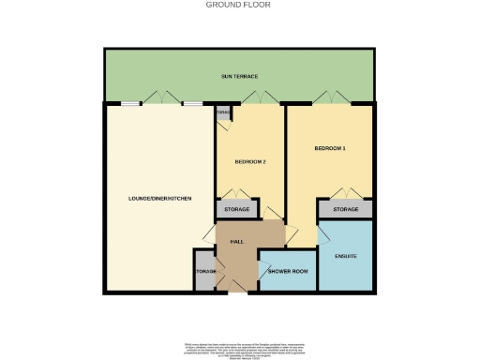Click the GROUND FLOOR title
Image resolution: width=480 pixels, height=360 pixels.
coord(239,5)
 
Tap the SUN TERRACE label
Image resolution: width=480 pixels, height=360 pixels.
coord(239,76)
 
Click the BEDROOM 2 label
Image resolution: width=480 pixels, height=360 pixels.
coord(250,162)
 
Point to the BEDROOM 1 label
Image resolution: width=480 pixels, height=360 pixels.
coord(330,149)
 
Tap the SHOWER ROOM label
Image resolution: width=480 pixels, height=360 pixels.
coord(288,272)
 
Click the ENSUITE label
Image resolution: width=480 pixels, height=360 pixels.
coord(346,256)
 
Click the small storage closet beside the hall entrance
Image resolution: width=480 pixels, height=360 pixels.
coord(205,272)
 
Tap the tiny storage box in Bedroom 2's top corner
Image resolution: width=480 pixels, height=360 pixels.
coord(223,113)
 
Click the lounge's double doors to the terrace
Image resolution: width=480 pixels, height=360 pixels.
coord(162,98)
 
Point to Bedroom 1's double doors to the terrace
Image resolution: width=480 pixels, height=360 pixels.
coord(330,98)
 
